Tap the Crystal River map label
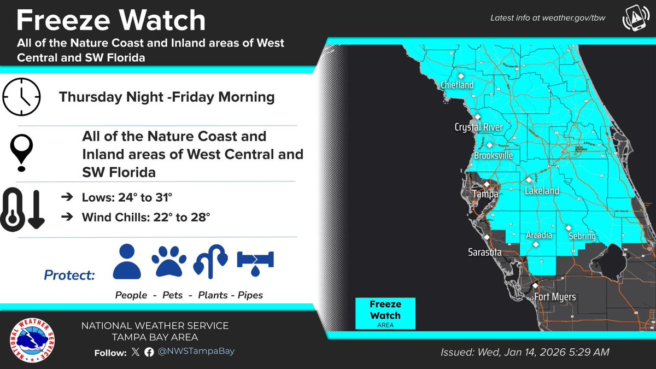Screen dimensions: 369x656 [479, 127]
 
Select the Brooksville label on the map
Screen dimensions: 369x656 [494, 156]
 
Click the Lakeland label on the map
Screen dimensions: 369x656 [542, 191]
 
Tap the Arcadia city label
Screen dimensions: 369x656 [539, 236]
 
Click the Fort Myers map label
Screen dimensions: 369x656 [554, 297]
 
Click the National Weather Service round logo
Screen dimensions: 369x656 [34, 339]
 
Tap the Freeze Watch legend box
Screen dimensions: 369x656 [385, 313]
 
